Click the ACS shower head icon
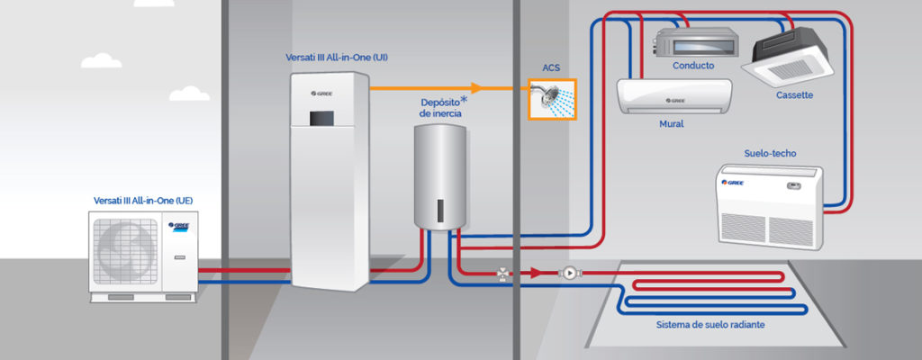point(551,97)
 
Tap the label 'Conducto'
point(693,66)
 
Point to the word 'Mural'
point(672,123)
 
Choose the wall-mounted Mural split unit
point(673,95)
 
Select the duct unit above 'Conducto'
point(691,40)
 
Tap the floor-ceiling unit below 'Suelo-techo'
point(771,202)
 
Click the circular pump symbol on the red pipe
point(568,272)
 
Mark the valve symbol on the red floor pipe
point(502,273)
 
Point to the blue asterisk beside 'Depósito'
point(464,100)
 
